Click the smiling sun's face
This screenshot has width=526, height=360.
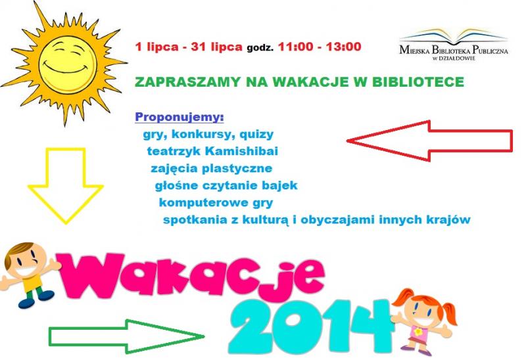(68, 64)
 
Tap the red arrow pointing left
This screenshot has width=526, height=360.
(429, 141)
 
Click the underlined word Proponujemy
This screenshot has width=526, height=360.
(179, 118)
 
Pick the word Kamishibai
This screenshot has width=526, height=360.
(241, 151)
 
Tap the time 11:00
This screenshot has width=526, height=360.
(295, 47)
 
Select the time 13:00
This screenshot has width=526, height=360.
(343, 47)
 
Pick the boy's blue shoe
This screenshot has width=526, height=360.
(26, 303)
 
